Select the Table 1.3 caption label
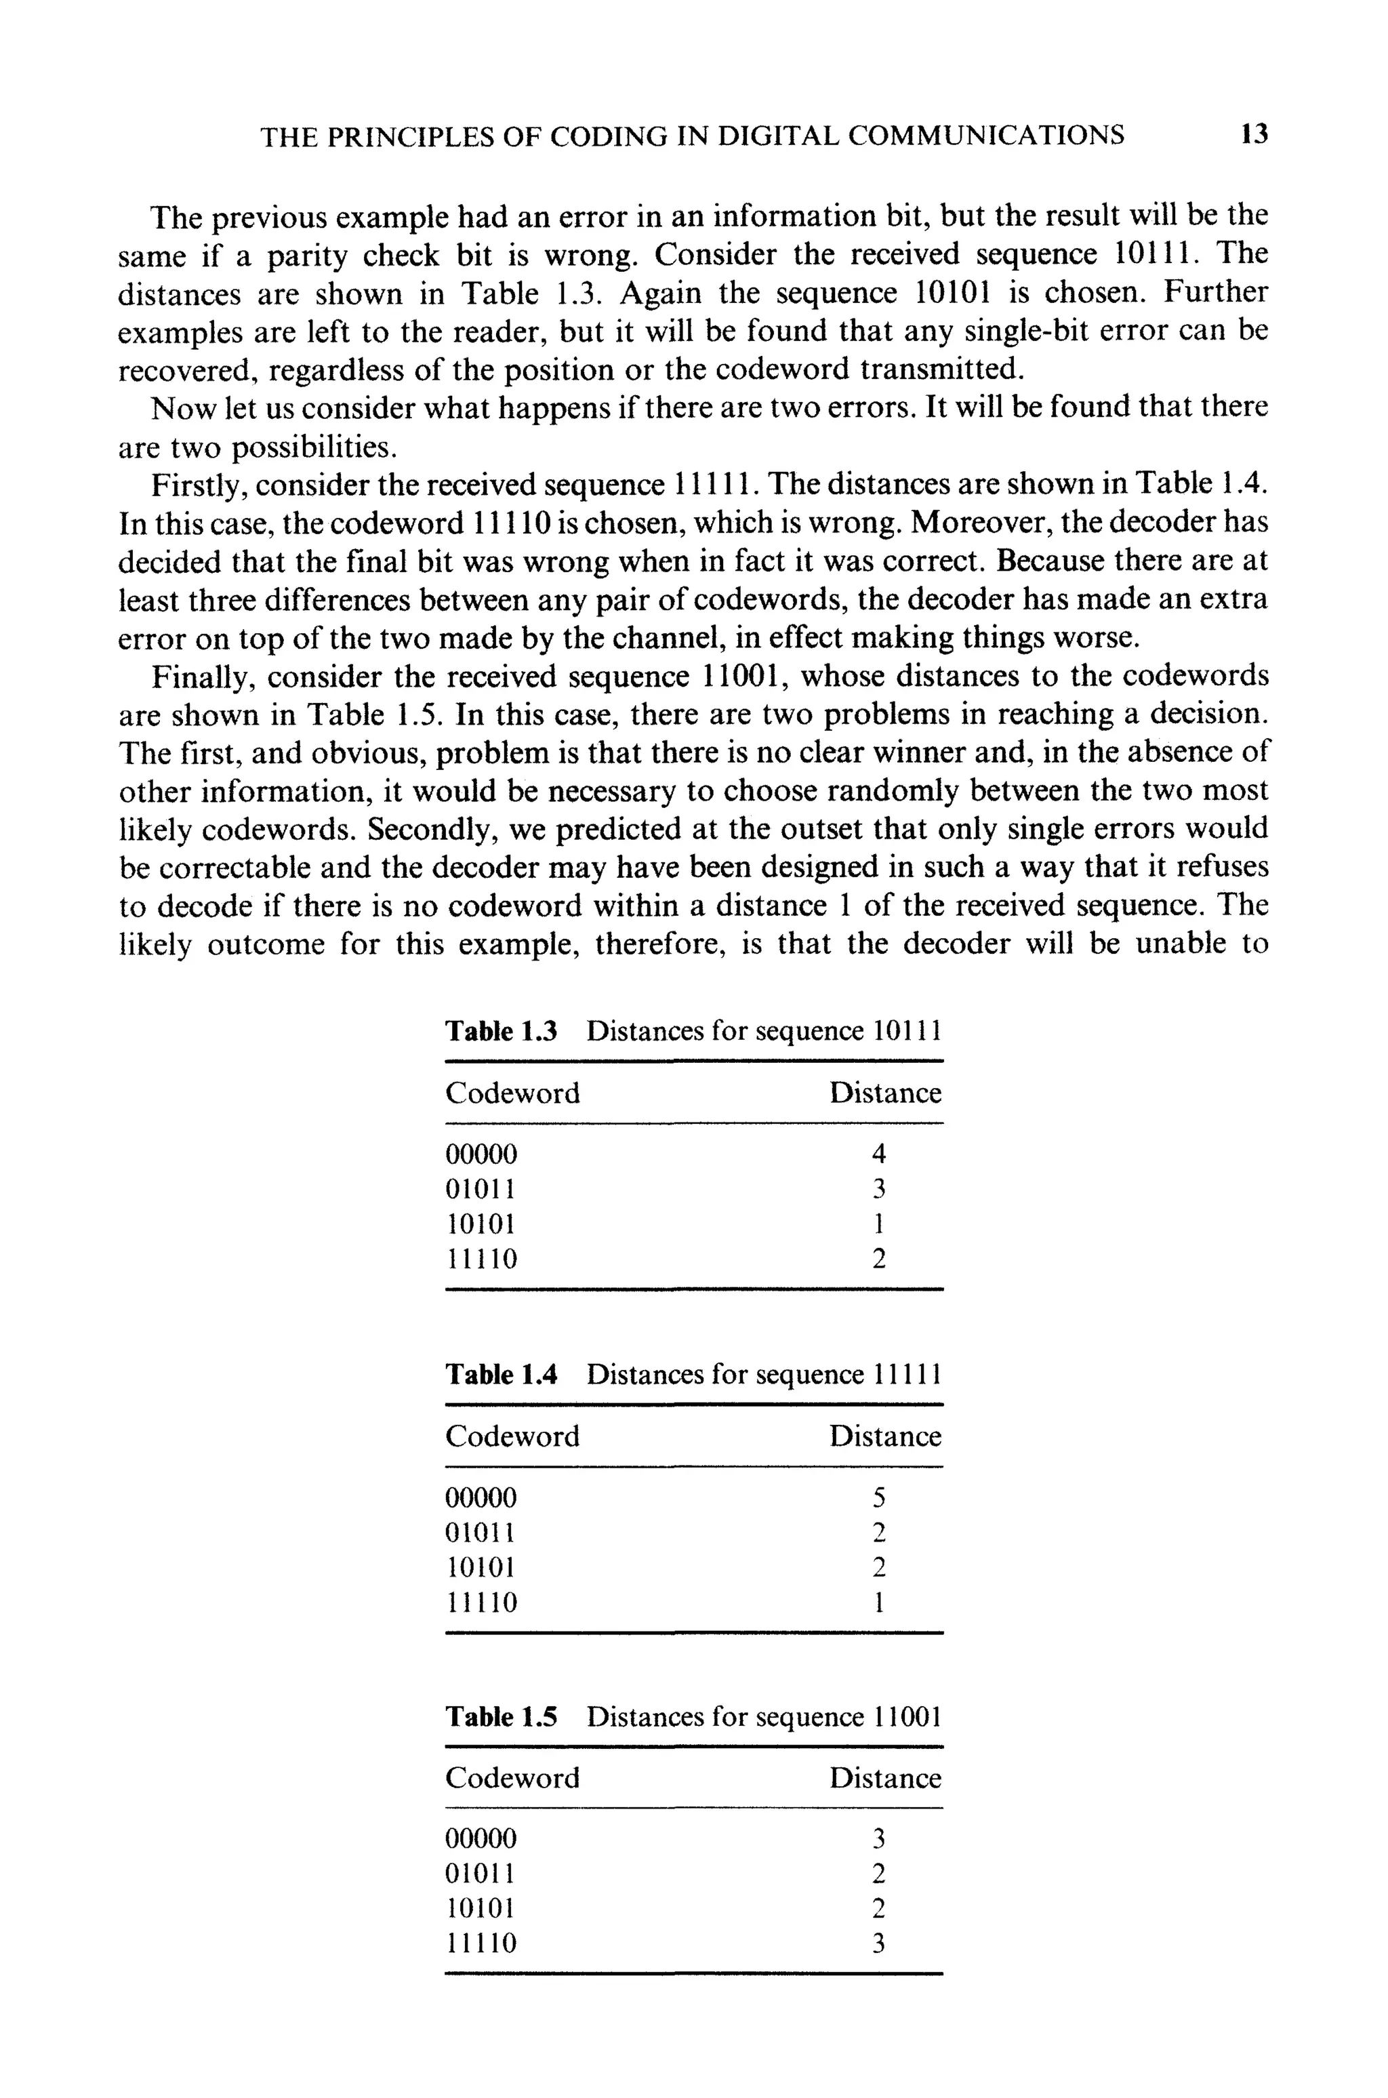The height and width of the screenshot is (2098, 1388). pyautogui.click(x=501, y=1031)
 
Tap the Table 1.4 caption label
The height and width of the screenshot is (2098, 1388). pyautogui.click(x=501, y=1375)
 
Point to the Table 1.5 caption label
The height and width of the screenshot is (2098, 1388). pyautogui.click(x=501, y=1717)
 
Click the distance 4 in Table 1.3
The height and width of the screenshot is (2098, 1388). pyautogui.click(x=878, y=1154)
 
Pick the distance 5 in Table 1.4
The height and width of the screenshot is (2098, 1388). pyautogui.click(x=878, y=1498)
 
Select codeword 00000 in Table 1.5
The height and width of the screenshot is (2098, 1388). pyautogui.click(x=481, y=1840)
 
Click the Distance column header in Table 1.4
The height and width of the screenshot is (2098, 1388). pyautogui.click(x=884, y=1436)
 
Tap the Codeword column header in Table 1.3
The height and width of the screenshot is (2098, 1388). pyautogui.click(x=512, y=1093)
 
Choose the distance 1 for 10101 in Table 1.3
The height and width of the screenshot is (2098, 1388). pyautogui.click(x=878, y=1224)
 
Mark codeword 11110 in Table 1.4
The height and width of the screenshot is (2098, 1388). pyautogui.click(x=481, y=1603)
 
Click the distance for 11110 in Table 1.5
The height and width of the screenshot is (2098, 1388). pyautogui.click(x=878, y=1944)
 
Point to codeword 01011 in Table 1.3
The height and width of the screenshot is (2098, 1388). pyautogui.click(x=481, y=1189)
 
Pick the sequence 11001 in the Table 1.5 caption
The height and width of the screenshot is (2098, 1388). pyautogui.click(x=906, y=1717)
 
